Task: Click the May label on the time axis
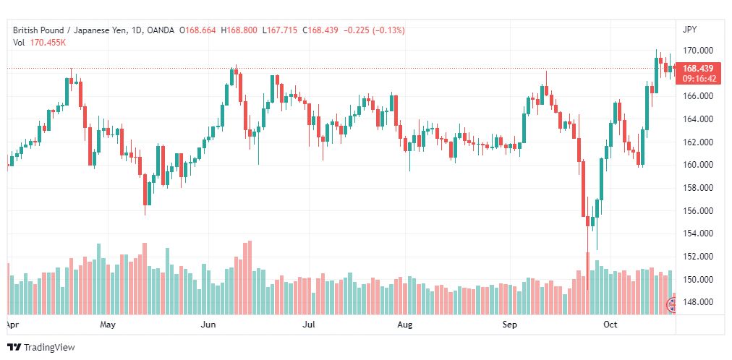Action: point(107,325)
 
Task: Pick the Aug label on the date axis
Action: point(405,325)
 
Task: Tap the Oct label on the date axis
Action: point(610,325)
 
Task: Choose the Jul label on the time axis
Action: point(309,325)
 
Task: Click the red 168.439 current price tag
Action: point(698,69)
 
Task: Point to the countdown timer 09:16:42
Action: point(699,78)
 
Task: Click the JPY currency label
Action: point(689,30)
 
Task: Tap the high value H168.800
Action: point(239,30)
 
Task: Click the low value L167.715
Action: point(280,30)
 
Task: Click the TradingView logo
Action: point(41,348)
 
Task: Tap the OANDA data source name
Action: point(160,30)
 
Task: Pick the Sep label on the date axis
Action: point(510,325)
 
